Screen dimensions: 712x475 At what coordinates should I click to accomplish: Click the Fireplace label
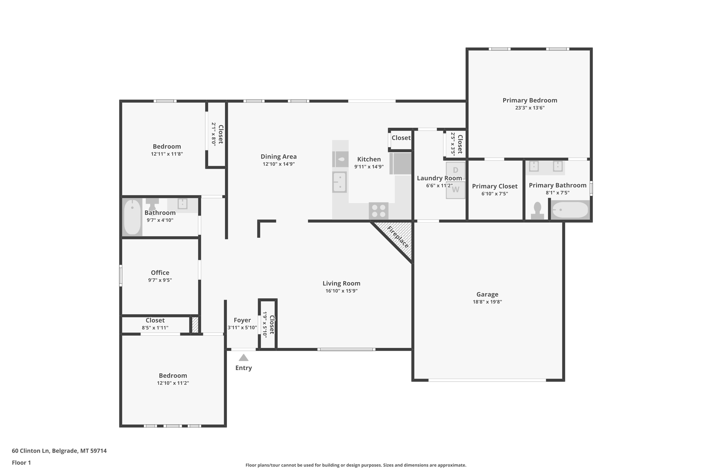(398, 237)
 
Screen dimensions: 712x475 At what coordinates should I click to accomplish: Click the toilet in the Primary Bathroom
(537, 210)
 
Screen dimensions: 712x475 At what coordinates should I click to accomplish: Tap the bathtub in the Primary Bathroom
(570, 210)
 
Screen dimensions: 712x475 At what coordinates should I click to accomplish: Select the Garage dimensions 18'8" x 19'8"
(487, 302)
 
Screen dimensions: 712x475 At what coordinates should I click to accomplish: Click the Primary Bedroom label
(530, 100)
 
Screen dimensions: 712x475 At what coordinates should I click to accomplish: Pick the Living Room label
(342, 283)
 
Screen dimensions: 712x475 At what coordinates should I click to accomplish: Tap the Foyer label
(242, 320)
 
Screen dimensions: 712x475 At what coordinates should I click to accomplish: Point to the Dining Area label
(278, 157)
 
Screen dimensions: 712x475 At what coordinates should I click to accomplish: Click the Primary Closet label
(495, 186)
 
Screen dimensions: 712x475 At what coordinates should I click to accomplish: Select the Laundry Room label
(439, 178)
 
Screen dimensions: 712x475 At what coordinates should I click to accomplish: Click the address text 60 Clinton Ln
(31, 451)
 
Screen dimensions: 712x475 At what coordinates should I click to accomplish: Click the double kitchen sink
(340, 182)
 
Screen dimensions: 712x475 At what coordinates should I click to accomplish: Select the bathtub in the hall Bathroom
(132, 217)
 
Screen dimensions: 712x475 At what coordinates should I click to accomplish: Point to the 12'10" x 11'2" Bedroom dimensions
(173, 383)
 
